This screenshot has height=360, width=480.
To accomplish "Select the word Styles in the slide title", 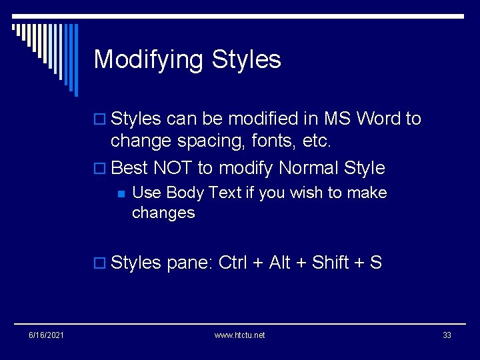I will pyautogui.click(x=247, y=60).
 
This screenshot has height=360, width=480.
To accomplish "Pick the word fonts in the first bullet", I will pyautogui.click(x=270, y=141).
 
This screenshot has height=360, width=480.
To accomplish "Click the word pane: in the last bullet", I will pyautogui.click(x=190, y=263).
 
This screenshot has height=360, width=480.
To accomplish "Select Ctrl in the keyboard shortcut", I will pyautogui.click(x=233, y=263).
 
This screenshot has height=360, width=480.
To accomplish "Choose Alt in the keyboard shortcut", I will pyautogui.click(x=279, y=263).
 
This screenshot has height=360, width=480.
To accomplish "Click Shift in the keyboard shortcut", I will pyautogui.click(x=331, y=263).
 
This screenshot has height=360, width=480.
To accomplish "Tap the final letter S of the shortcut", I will pyautogui.click(x=376, y=263).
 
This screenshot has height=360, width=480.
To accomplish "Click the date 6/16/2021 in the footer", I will pyautogui.click(x=47, y=335).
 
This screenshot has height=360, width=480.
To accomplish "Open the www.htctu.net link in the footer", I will pyautogui.click(x=239, y=335).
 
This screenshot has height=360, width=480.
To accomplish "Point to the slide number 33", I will pyautogui.click(x=447, y=335).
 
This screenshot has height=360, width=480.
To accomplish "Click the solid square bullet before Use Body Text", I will pyautogui.click(x=121, y=194).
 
